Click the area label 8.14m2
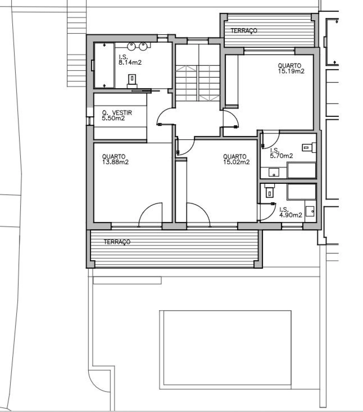pos(130,62)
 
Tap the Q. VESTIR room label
pos(117,112)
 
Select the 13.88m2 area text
pos(115,162)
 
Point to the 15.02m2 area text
pos(237,162)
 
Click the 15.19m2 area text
pos(291,71)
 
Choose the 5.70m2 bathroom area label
pos(282,156)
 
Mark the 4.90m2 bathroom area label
pos(291,215)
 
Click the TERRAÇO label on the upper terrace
pos(244,31)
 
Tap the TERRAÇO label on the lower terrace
pos(117,242)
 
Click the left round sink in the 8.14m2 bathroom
pos(131,47)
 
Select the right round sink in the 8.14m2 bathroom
pos(143,47)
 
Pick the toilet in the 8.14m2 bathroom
pos(132,81)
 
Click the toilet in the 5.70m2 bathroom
pos(309,148)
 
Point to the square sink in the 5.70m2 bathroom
pos(274,173)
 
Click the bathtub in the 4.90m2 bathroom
pos(301,192)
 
